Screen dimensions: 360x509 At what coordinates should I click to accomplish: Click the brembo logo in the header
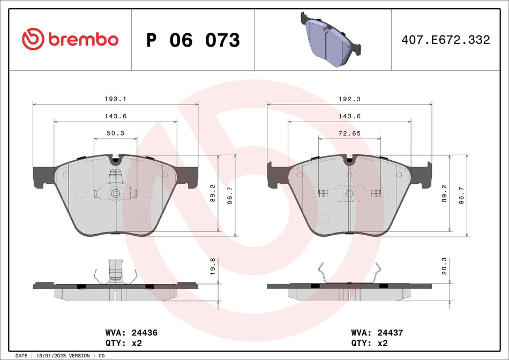(70, 39)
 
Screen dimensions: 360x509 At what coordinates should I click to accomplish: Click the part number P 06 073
(193, 40)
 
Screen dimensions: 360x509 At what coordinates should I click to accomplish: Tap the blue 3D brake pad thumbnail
(328, 39)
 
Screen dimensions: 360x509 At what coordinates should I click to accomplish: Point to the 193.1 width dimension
(116, 99)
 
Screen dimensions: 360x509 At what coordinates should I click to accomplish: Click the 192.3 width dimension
(350, 99)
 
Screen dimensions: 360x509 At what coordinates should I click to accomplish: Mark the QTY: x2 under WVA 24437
(363, 343)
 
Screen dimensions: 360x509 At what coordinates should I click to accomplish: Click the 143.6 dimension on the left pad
(116, 116)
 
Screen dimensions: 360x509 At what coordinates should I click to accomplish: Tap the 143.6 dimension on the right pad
(350, 116)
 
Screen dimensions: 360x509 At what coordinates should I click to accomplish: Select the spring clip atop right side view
(350, 273)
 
